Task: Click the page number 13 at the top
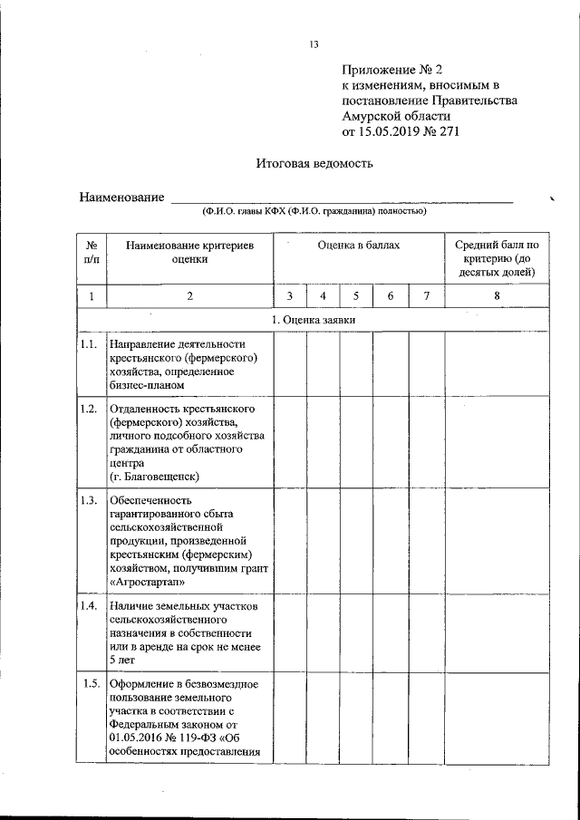pyautogui.click(x=314, y=44)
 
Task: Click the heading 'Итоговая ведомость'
pyautogui.click(x=314, y=164)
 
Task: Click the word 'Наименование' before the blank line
pyautogui.click(x=121, y=198)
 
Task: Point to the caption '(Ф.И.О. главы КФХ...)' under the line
pyautogui.click(x=314, y=211)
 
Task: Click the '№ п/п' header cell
pyautogui.click(x=92, y=252)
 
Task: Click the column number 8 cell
pyautogui.click(x=496, y=296)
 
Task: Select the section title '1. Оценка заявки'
pyautogui.click(x=314, y=321)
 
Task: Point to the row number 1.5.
pyautogui.click(x=89, y=683)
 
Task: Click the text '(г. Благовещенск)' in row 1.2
pyautogui.click(x=153, y=476)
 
